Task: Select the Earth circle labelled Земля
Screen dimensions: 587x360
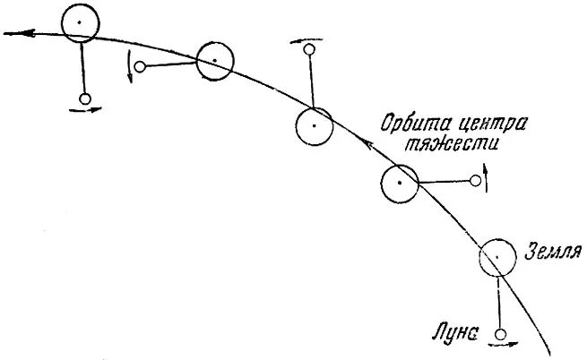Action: coord(497,258)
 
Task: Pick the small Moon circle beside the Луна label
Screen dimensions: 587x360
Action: coord(501,334)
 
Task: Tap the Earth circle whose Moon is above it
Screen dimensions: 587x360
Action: coord(315,126)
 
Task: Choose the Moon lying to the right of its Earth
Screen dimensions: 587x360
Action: coord(476,182)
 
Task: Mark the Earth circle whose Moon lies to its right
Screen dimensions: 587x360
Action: coord(399,184)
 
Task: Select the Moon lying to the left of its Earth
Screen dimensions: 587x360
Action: coord(140,65)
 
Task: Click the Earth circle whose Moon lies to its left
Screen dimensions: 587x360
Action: coord(214,61)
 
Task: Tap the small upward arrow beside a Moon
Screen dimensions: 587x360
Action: coord(487,175)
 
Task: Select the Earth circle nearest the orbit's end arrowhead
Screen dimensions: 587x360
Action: coord(80,21)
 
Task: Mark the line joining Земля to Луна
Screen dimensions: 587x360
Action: coord(499,300)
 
